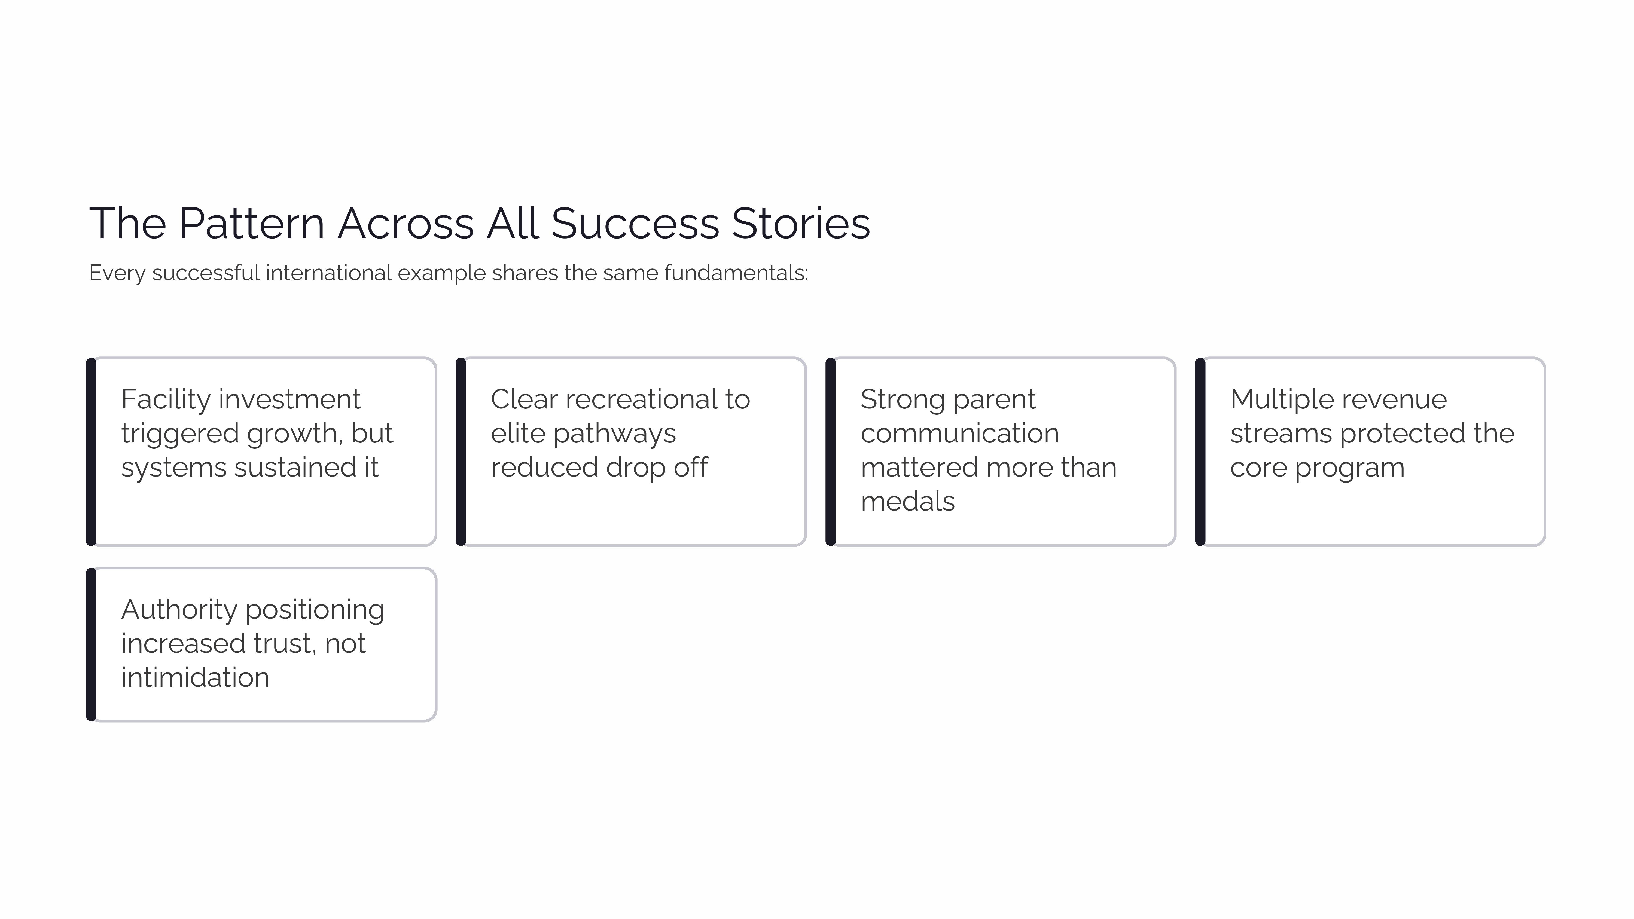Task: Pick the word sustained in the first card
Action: tap(290, 468)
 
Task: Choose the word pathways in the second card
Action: tap(615, 434)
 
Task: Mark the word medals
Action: tap(907, 502)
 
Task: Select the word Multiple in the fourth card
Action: tap(1275, 399)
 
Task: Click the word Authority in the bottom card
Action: tap(179, 609)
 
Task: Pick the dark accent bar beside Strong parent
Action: tap(830, 451)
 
